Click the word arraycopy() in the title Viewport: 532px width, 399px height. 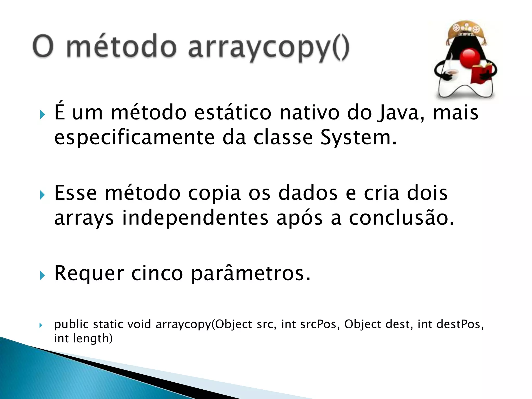pyautogui.click(x=269, y=48)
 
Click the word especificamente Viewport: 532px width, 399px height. pyautogui.click(x=134, y=138)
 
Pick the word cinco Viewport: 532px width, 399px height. pyautogui.click(x=157, y=274)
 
